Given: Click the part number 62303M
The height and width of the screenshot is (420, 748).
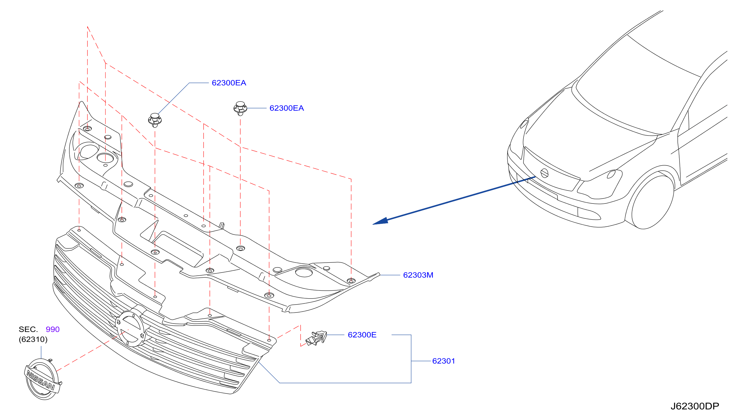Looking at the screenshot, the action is tap(418, 275).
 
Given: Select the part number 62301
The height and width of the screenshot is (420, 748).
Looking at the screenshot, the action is tap(443, 361).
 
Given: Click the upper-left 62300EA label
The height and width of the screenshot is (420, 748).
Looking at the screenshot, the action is tap(229, 83).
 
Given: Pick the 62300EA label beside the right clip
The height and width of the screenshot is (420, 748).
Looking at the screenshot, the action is tap(287, 108).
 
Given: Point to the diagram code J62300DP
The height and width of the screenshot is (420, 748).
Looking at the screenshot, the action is tap(694, 406).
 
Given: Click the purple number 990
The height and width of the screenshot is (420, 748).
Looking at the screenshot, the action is tap(53, 329).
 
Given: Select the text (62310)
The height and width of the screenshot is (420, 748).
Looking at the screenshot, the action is tap(33, 339).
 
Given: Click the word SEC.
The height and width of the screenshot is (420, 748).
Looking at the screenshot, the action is tap(28, 329).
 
